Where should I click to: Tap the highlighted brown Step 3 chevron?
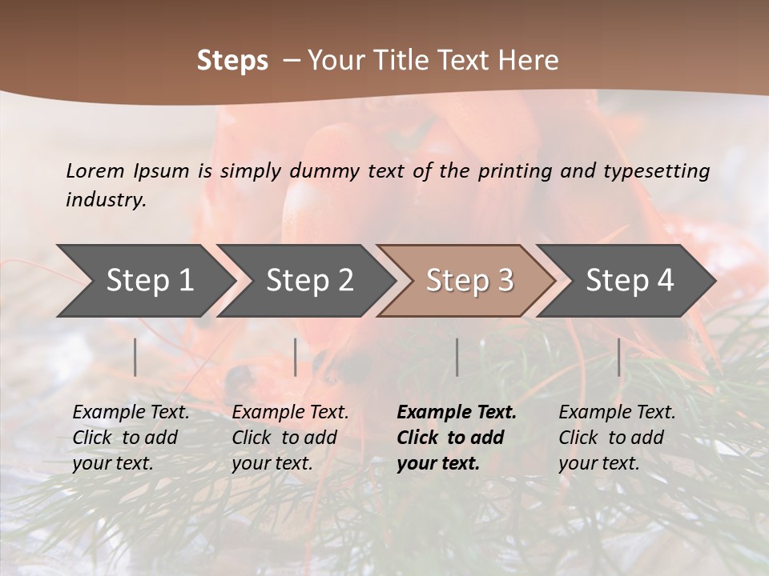[469, 280]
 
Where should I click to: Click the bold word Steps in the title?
[232, 61]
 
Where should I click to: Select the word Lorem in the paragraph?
[95, 170]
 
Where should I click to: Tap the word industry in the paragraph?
[106, 200]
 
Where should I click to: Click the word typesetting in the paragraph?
[656, 170]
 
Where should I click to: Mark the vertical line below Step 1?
[135, 357]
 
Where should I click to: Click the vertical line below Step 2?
[296, 357]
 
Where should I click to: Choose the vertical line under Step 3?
[457, 357]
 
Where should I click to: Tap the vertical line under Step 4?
[618, 357]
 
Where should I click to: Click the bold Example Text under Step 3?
[457, 413]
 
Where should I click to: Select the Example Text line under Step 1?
[131, 413]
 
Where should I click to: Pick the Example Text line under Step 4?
[617, 413]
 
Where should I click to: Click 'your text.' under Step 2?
[272, 463]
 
